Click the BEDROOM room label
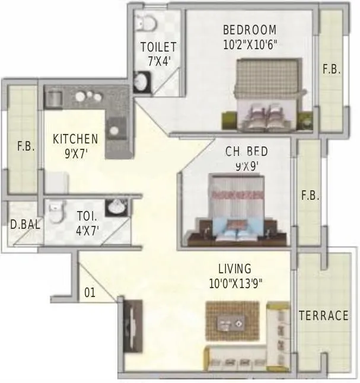pyautogui.click(x=249, y=30)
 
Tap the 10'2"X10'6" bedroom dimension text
pyautogui.click(x=249, y=43)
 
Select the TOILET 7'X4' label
pyautogui.click(x=158, y=53)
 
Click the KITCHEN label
pyautogui.click(x=75, y=139)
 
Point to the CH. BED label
pyautogui.click(x=242, y=152)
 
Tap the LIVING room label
pyautogui.click(x=234, y=269)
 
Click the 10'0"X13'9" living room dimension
pyautogui.click(x=235, y=283)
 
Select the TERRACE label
pyautogui.click(x=323, y=315)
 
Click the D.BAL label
pyautogui.click(x=21, y=224)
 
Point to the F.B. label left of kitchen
pyautogui.click(x=26, y=146)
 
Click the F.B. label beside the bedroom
pyautogui.click(x=332, y=69)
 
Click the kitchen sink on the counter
pyautogui.click(x=114, y=128)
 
